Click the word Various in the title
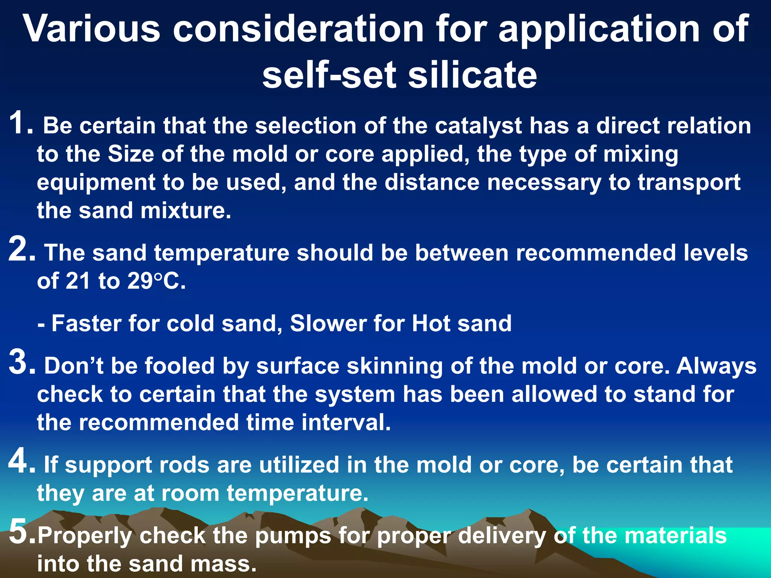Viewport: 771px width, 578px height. tap(92, 29)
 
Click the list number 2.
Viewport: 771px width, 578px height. tap(21, 249)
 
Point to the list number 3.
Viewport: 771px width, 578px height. tap(21, 363)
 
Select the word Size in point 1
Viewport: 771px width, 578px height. tap(131, 154)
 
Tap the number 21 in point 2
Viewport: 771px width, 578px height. tap(78, 281)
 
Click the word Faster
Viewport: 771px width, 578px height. tap(86, 323)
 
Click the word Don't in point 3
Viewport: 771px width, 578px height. tap(74, 366)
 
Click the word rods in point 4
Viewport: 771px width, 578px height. tap(184, 465)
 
